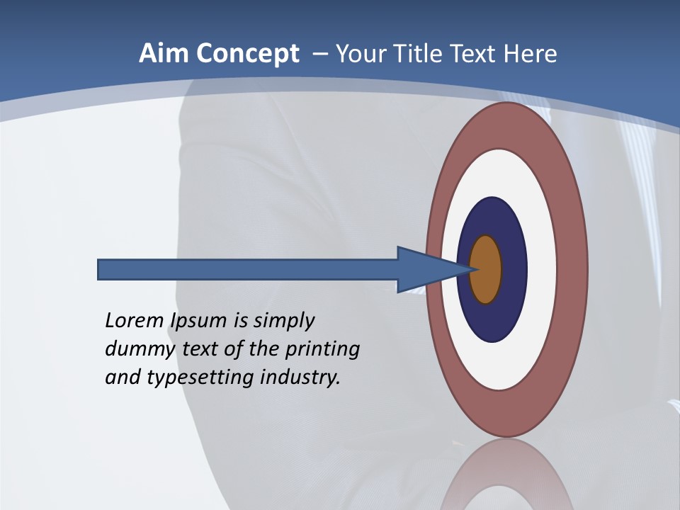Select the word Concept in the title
[247, 55]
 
